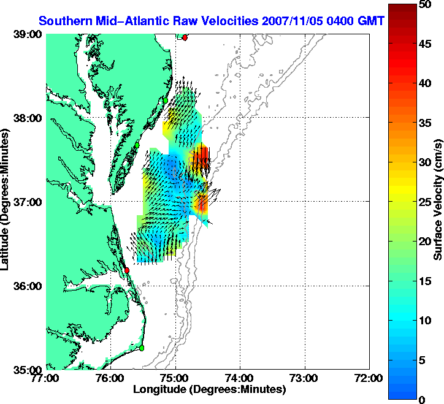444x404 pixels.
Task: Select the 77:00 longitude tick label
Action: click(x=47, y=378)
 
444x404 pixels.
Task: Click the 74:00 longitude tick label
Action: click(x=240, y=378)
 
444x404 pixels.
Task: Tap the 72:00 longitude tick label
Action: click(x=369, y=378)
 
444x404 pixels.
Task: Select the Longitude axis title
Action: click(x=209, y=389)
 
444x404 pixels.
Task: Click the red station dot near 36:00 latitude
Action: click(x=127, y=270)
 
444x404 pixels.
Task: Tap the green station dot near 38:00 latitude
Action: click(x=166, y=100)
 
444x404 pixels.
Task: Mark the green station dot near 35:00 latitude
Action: click(x=141, y=348)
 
